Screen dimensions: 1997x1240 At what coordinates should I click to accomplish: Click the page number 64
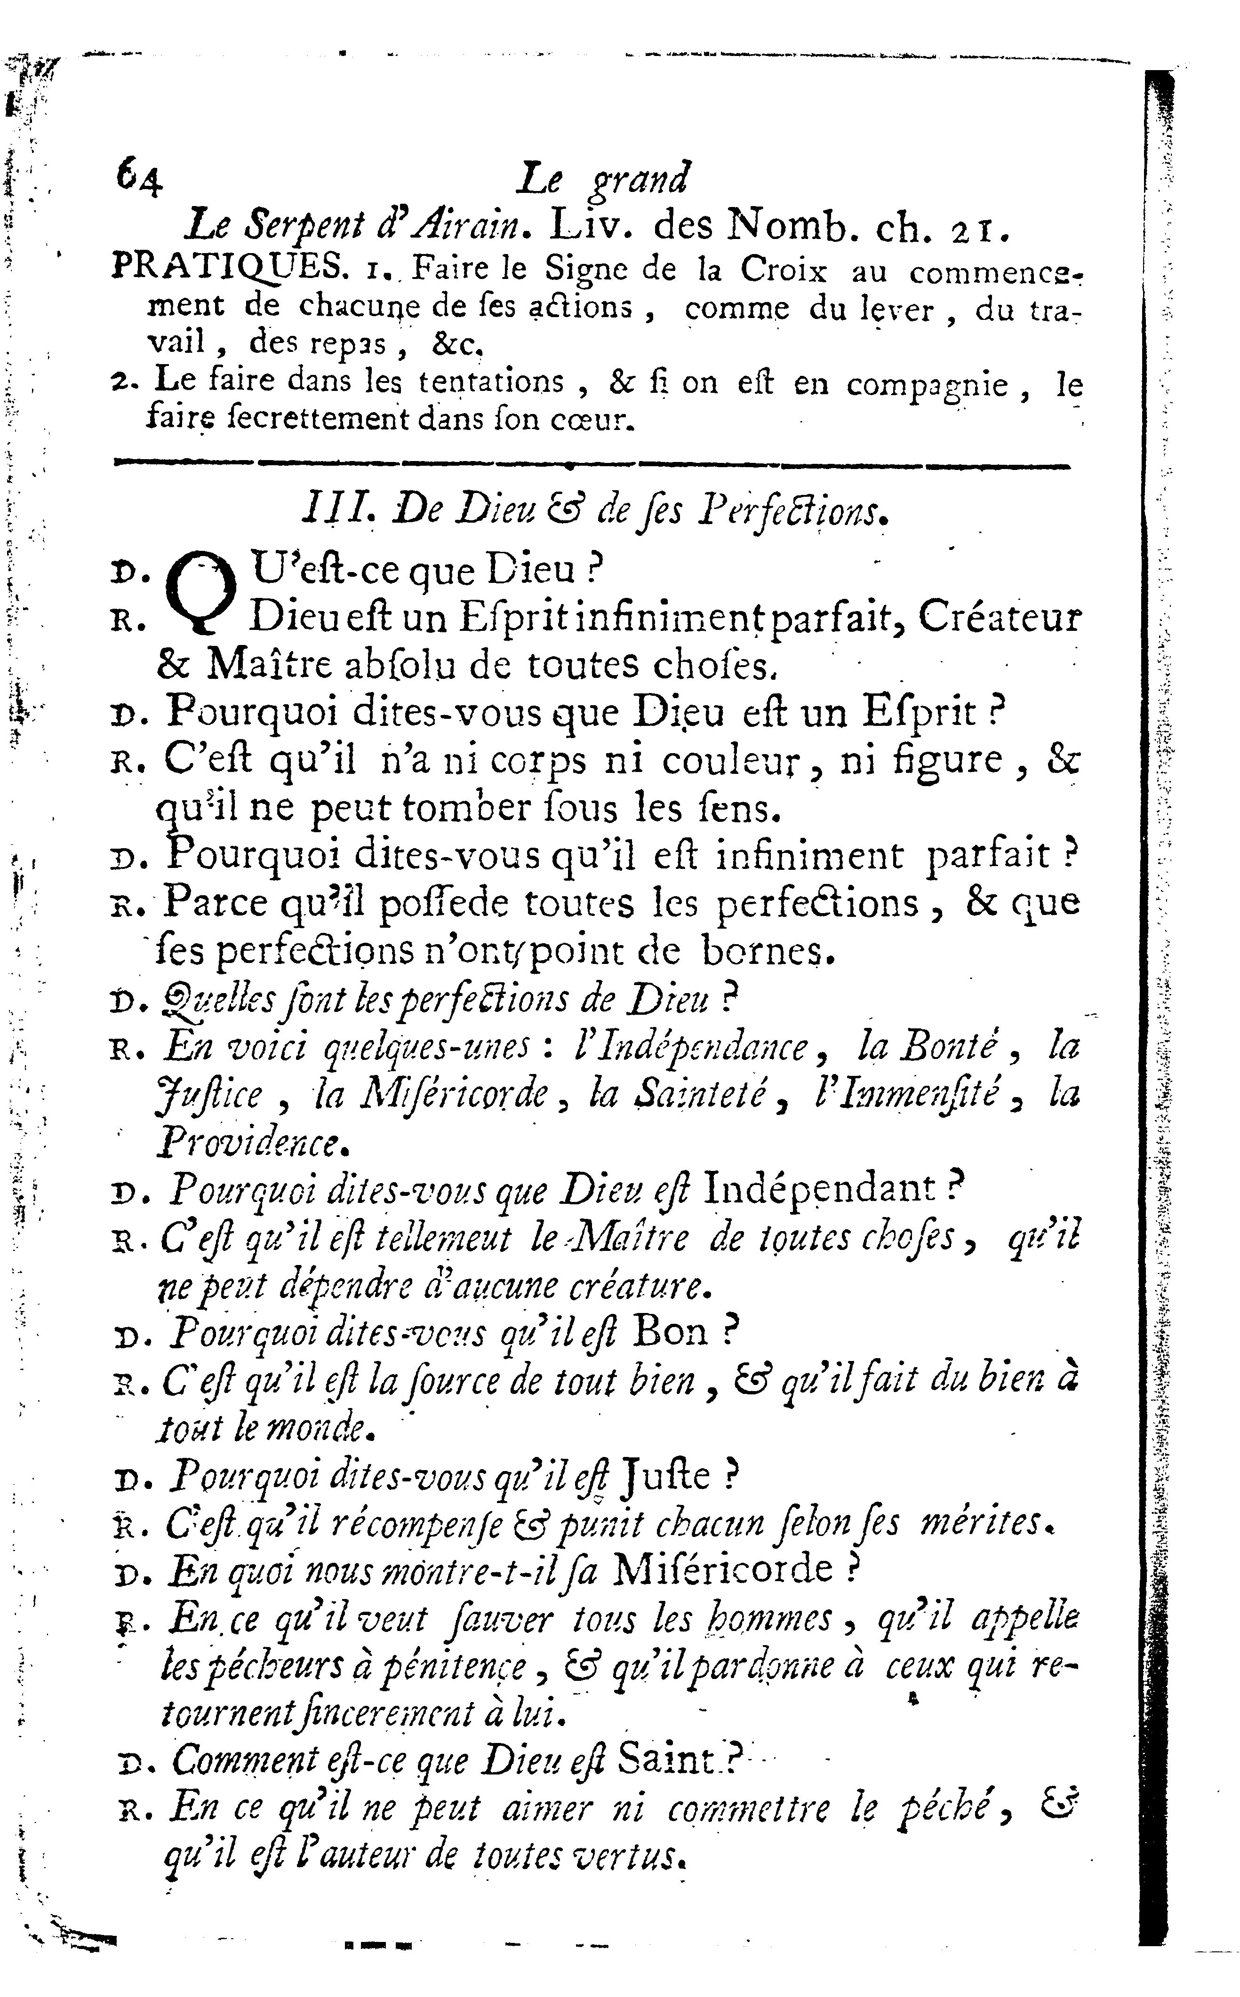(x=139, y=176)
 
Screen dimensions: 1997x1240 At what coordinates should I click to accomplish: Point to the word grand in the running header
(x=640, y=179)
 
